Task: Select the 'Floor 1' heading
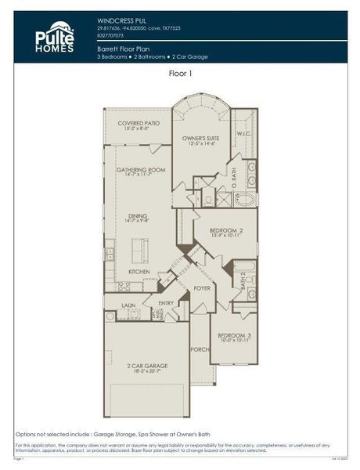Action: [x=182, y=73]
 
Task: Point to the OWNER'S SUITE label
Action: [x=200, y=139]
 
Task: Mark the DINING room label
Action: [x=138, y=217]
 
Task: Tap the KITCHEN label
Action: [x=139, y=271]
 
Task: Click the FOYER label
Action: [x=202, y=288]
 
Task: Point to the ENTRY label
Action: [x=166, y=302]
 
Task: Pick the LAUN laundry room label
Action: [x=129, y=305]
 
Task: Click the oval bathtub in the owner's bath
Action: [x=245, y=199]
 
